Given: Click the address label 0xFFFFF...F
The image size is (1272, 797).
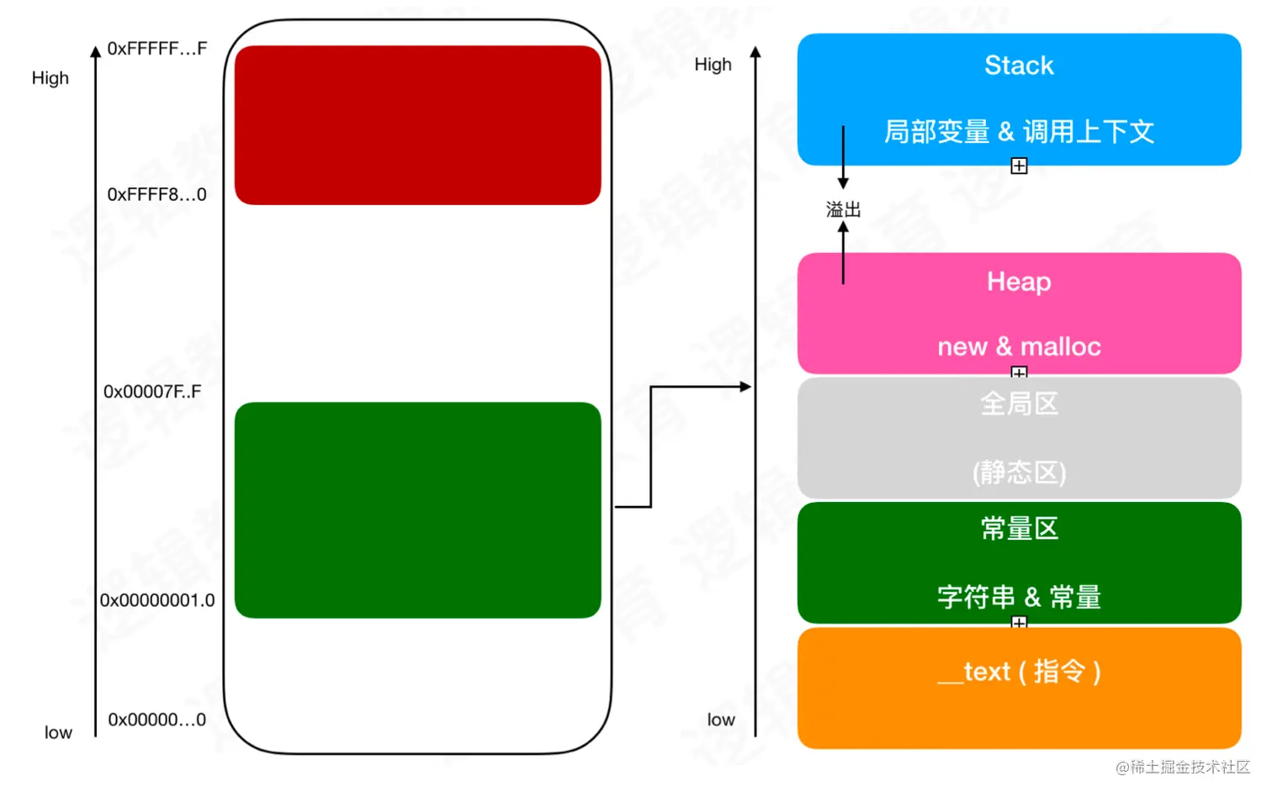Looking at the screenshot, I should coord(156,49).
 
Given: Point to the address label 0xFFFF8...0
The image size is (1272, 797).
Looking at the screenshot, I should coord(156,195).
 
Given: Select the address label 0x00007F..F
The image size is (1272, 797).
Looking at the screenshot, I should coord(152,392).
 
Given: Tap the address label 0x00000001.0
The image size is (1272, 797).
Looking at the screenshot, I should coord(157,600).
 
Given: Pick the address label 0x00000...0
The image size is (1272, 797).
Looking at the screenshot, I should coord(156,720).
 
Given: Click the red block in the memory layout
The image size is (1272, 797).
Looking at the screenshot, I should coord(417,125).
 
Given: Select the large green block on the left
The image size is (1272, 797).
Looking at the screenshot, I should coord(417,510).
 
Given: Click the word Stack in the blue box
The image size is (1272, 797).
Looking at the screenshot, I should coord(1019,66).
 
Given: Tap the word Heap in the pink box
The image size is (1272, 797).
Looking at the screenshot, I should coord(1019,282).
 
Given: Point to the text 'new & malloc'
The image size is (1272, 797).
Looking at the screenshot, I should coord(1019,346).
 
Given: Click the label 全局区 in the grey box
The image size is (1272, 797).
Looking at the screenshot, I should coord(1019,404).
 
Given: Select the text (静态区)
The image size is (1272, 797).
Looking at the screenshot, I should coord(1019,472).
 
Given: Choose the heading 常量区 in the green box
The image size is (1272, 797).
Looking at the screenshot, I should coord(1019,529).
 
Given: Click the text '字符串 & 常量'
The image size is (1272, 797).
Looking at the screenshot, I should coord(1019,597).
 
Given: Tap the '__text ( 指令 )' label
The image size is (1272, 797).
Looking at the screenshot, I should coord(1019,672).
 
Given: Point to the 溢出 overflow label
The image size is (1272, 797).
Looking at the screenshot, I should coord(843,209).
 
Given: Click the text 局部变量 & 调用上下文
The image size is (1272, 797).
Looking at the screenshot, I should coord(1019,132).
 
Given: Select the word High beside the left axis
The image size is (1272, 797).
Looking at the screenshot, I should coord(50,78).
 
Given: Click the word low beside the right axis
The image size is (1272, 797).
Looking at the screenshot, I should coord(721,720).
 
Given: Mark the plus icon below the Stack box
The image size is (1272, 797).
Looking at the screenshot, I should coord(1019,166).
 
